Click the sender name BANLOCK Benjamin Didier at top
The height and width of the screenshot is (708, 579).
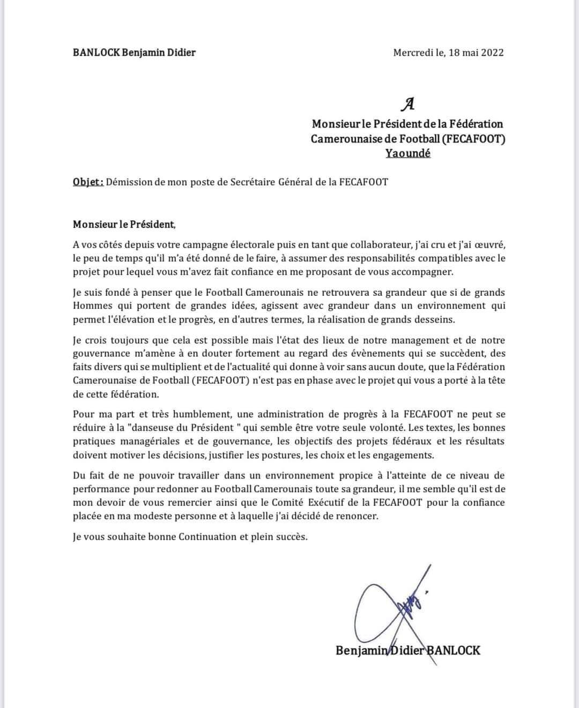click(134, 53)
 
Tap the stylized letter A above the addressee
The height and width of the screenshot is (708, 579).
click(408, 103)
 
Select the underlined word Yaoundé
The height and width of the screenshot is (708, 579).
click(407, 153)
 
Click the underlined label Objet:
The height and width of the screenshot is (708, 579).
click(88, 182)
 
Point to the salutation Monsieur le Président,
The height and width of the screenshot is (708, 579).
click(124, 224)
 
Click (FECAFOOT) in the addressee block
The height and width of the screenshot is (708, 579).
click(473, 139)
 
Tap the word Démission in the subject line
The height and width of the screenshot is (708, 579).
click(129, 182)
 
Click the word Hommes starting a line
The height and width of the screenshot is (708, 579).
click(92, 306)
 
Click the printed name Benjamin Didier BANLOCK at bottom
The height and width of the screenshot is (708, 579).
click(408, 651)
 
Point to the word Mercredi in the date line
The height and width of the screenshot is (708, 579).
click(412, 53)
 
